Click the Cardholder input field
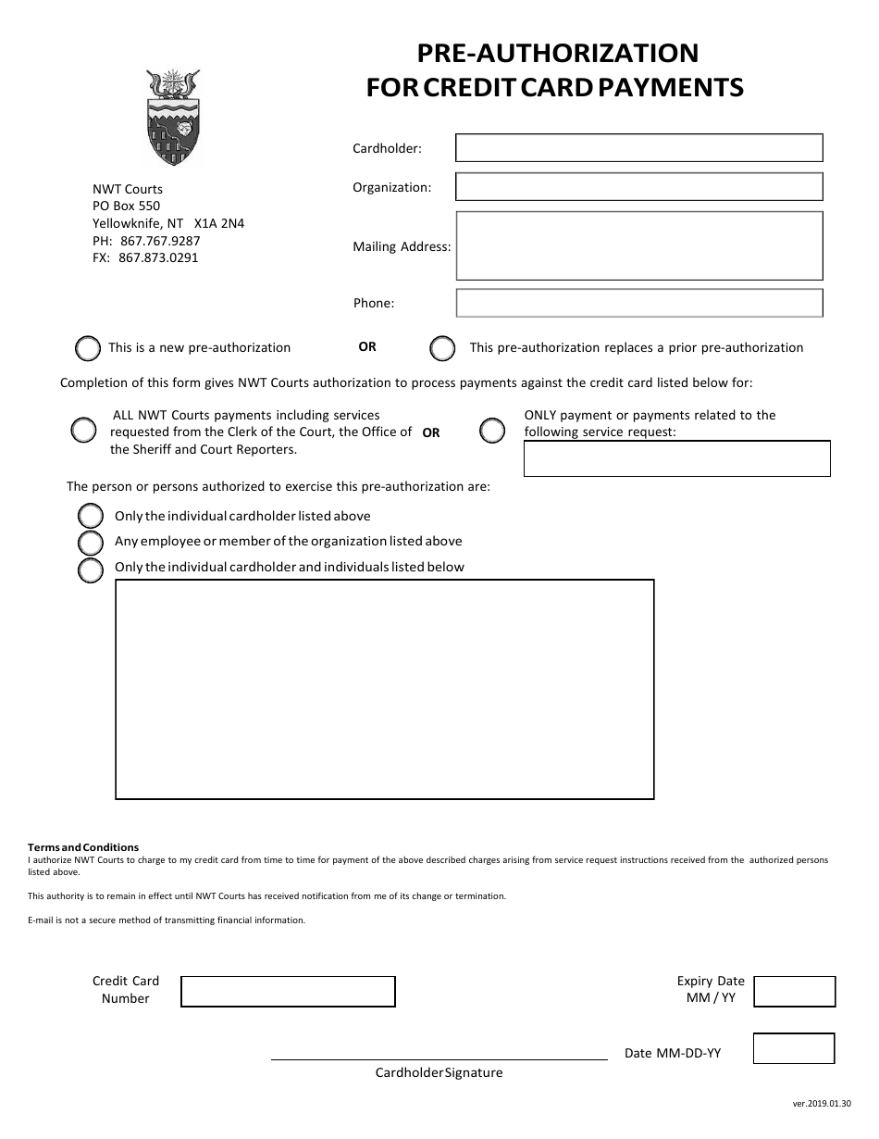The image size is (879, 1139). pyautogui.click(x=638, y=148)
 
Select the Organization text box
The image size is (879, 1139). pyautogui.click(x=638, y=187)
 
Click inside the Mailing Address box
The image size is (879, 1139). pyautogui.click(x=638, y=245)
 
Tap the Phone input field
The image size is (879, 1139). pyautogui.click(x=638, y=303)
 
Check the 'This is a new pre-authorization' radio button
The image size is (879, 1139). pyautogui.click(x=88, y=348)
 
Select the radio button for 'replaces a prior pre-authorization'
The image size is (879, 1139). pyautogui.click(x=443, y=348)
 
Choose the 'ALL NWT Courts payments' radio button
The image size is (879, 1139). pyautogui.click(x=83, y=431)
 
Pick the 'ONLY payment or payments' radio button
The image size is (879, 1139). pyautogui.click(x=492, y=431)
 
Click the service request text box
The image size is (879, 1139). pyautogui.click(x=676, y=458)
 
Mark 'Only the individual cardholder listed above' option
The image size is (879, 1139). pyautogui.click(x=91, y=516)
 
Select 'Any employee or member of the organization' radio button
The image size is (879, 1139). pyautogui.click(x=91, y=542)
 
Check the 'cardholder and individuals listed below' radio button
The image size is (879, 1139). pyautogui.click(x=91, y=569)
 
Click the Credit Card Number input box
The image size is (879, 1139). pyautogui.click(x=288, y=991)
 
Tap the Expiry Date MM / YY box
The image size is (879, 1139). pyautogui.click(x=794, y=991)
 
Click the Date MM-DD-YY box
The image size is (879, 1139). pyautogui.click(x=793, y=1048)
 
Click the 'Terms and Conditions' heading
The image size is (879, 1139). pyautogui.click(x=83, y=847)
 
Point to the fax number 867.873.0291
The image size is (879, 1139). pyautogui.click(x=158, y=258)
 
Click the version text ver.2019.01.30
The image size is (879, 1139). pyautogui.click(x=821, y=1104)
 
